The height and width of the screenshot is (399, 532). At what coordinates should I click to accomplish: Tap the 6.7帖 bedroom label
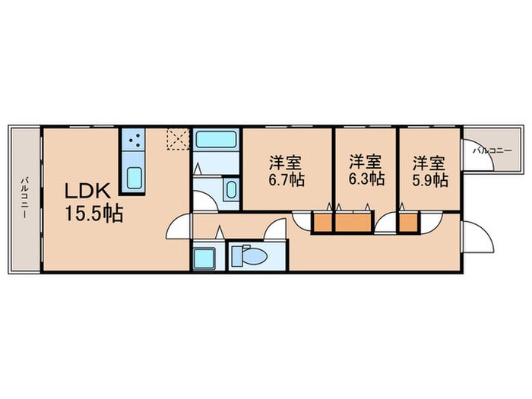[x=286, y=172]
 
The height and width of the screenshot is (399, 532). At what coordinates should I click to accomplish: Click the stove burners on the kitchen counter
[x=136, y=141]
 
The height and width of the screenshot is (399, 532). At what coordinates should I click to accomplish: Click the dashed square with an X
[x=179, y=139]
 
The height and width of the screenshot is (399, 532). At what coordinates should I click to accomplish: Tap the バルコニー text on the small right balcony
[x=490, y=151]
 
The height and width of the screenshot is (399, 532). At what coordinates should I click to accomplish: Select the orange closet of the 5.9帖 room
[x=408, y=222]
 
